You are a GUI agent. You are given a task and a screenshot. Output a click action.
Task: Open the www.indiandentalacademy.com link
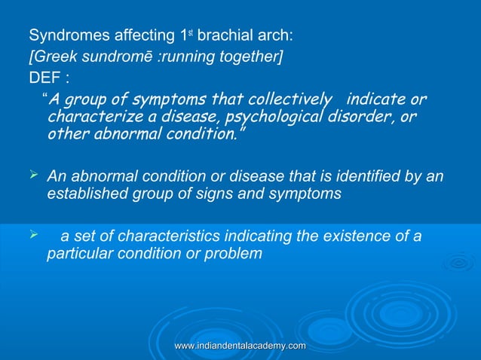coord(240,345)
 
